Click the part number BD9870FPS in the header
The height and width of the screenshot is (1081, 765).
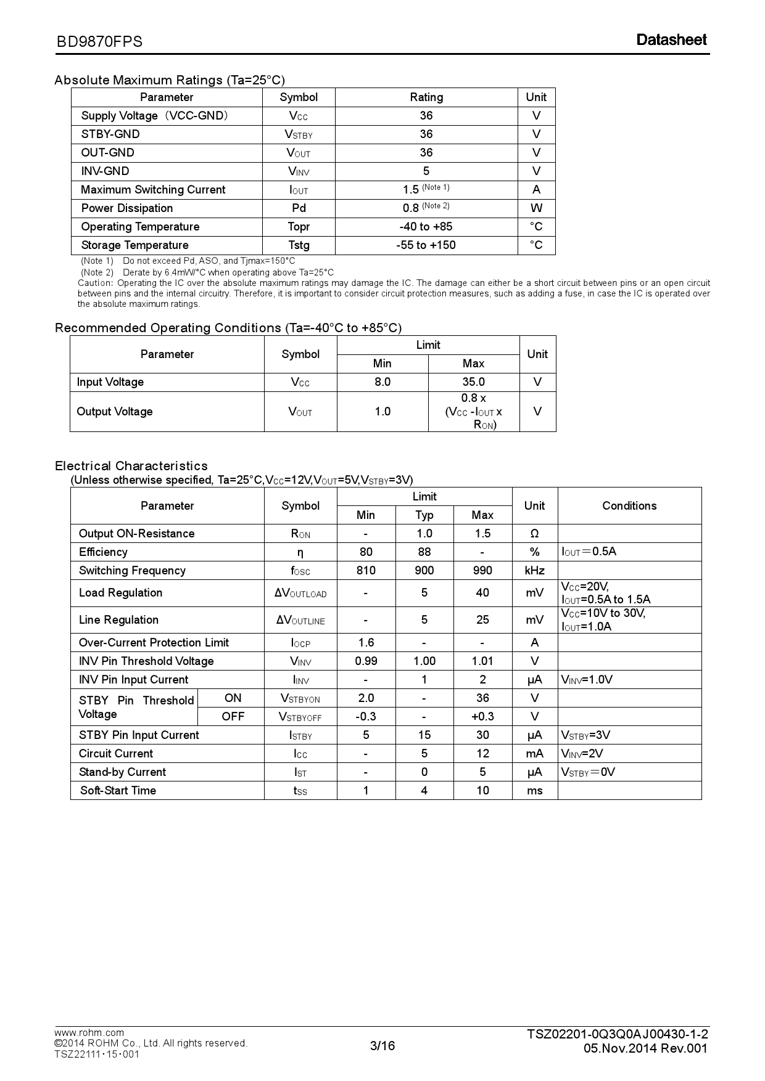99,41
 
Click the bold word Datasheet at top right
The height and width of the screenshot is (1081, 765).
671,40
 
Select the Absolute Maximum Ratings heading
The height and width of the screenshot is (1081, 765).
170,80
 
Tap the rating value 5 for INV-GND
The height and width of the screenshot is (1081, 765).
426,171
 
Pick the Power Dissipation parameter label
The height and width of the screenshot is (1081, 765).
127,208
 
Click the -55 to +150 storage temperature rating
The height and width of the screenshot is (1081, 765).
426,245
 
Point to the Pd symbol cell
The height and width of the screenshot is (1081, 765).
299,208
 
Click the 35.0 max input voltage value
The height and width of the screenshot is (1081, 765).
473,382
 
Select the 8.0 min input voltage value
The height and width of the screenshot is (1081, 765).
382,382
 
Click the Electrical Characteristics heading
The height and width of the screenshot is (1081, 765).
131,466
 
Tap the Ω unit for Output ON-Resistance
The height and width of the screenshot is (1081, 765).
534,534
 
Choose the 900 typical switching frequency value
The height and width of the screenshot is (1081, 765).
424,571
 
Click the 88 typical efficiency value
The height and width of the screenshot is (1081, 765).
424,552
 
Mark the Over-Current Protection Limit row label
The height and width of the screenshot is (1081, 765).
154,643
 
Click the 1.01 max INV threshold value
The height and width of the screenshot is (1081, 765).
482,661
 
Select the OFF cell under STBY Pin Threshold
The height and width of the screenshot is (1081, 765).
233,717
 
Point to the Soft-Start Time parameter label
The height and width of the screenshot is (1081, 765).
118,791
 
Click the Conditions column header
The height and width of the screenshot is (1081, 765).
629,506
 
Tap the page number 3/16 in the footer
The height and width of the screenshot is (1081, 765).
382,1046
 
